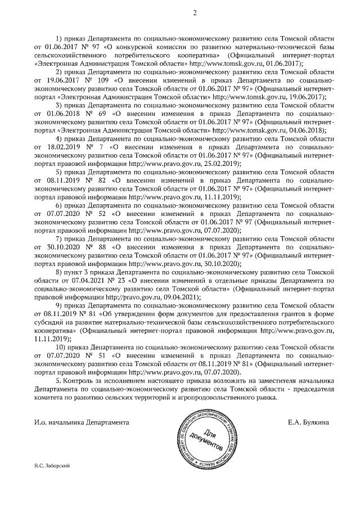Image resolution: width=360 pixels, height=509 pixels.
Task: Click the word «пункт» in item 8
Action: click(x=77, y=271)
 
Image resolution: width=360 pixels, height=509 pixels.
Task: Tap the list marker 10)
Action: click(x=60, y=348)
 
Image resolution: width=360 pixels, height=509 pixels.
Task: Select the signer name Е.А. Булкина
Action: click(x=307, y=422)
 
